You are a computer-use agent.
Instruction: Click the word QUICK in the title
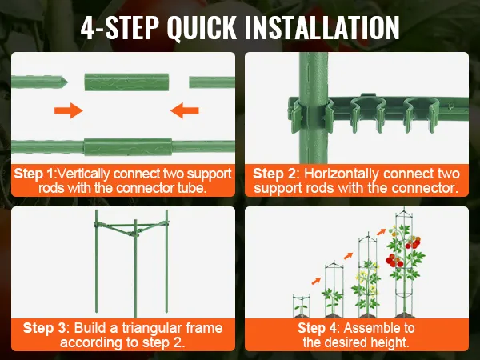(x=202, y=27)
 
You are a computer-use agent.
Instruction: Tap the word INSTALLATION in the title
(x=322, y=27)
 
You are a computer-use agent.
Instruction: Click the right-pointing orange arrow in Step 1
(x=69, y=110)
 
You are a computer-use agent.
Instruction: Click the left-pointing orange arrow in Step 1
(x=185, y=110)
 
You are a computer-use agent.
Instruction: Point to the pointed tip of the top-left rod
(x=67, y=82)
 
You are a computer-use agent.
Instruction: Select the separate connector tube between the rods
(x=126, y=82)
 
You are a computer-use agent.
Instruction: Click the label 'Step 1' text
(x=34, y=174)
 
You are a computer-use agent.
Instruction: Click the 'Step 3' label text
(x=44, y=328)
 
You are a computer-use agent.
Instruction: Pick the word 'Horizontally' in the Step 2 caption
(x=341, y=174)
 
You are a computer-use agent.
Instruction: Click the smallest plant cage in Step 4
(x=301, y=306)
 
